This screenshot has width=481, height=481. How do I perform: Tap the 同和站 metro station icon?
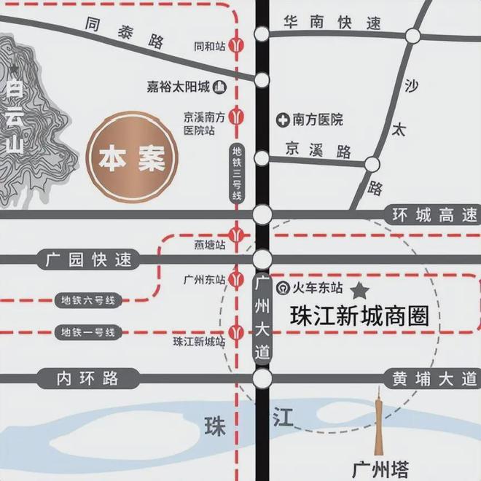pos(236,45)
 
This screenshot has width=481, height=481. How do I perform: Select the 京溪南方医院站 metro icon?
pos(236,115)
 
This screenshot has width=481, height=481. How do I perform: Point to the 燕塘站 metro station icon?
pos(236,235)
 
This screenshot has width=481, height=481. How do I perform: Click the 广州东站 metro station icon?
pos(236,279)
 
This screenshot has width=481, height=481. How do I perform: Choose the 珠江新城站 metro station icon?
pos(236,333)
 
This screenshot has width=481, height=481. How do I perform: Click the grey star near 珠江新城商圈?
pos(360,292)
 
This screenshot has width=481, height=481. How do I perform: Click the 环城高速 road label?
pos(431,215)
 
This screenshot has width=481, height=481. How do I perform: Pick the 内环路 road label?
pos(89,378)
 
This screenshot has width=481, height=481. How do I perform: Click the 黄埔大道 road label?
pos(431,378)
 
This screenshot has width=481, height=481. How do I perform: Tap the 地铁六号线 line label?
pos(87,300)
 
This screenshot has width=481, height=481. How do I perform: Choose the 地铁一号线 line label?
pos(87,332)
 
